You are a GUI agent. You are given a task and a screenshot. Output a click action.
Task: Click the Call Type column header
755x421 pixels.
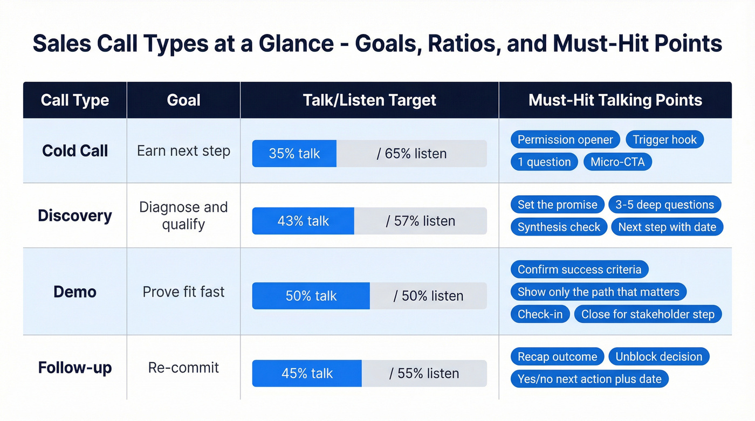coord(75,100)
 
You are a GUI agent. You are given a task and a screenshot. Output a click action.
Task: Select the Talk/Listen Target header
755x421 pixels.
coord(369,100)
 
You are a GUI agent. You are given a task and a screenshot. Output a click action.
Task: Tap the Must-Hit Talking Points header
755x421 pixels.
coord(615,100)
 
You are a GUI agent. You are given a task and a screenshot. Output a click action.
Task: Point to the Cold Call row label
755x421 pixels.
coord(75,151)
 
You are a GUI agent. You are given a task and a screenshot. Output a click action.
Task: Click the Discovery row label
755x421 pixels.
coord(75,216)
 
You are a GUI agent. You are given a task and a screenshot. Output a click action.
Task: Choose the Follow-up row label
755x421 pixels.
coord(75,368)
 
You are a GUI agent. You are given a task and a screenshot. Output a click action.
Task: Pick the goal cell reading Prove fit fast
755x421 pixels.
coord(183,292)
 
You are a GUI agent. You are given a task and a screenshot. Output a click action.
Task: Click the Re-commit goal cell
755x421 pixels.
coord(183,368)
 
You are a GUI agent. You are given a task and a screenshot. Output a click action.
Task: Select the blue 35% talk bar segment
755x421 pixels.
coord(294,154)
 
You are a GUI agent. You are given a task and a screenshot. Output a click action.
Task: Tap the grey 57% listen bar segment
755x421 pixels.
coord(420,221)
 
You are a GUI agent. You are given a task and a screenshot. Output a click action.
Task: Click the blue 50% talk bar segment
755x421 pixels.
coord(311,296)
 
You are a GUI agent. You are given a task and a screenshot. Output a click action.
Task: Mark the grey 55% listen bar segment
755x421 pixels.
coord(424,374)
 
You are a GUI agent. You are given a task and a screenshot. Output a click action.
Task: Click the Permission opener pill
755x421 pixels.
coord(565,140)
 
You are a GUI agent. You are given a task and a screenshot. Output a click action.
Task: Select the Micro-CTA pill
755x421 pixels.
coord(617,162)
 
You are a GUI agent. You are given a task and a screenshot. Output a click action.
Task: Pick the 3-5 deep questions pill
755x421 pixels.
coord(664,205)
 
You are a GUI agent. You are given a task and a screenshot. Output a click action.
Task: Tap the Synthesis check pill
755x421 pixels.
coord(559,227)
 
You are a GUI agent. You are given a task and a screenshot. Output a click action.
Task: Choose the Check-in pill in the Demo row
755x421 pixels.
coord(540,314)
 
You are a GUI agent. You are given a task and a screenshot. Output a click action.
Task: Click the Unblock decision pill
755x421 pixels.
coord(658,357)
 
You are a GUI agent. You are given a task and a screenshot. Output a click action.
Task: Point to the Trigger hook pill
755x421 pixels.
coord(664,140)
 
